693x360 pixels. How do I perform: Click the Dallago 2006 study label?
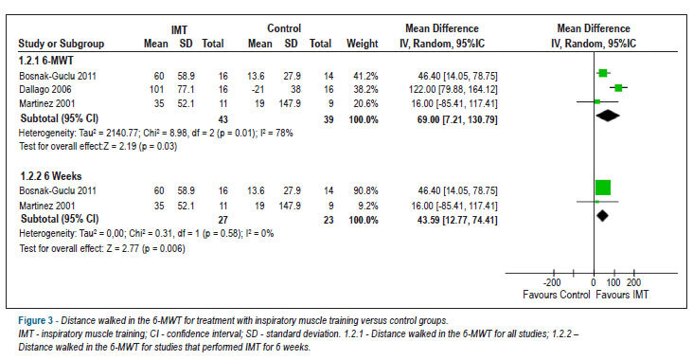coord(45,90)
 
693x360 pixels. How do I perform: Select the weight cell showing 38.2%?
coord(365,90)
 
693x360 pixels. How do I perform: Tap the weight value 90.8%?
coord(365,190)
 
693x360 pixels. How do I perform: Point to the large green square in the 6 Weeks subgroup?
coord(603,188)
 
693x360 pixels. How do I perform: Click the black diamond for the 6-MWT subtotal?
coord(608,116)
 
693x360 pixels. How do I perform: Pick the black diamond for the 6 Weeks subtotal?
coord(602,216)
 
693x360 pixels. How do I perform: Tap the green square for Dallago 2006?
coord(618,88)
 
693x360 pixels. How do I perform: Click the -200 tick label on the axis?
coord(552,282)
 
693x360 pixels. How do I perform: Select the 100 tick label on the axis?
coord(613,282)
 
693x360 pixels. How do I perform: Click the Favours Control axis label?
coord(556,295)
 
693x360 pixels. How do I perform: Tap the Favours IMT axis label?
coord(622,295)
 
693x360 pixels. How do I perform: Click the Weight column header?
coord(363,44)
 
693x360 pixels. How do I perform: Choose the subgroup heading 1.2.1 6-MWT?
coord(46,61)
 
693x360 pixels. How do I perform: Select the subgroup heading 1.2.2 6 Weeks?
coord(51,176)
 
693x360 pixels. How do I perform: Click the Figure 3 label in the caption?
coord(35,320)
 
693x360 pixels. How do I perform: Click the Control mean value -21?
coord(258,90)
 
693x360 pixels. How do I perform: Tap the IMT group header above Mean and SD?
coord(180,30)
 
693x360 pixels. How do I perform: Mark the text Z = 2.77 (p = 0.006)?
coord(146,248)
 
